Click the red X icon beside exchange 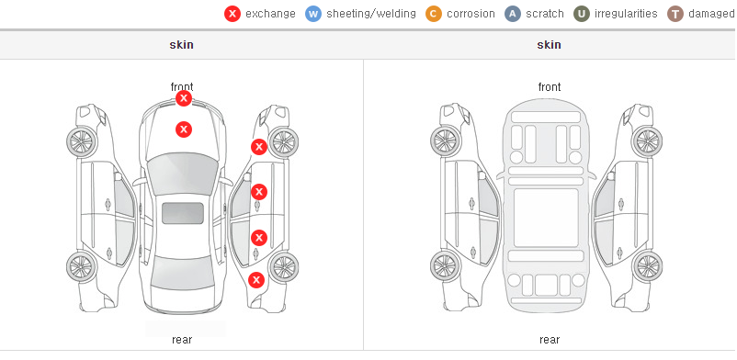tap(232, 14)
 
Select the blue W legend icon tap(313, 14)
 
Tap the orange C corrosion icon tap(434, 14)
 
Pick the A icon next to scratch tap(513, 14)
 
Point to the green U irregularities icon tap(582, 14)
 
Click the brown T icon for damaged tap(675, 14)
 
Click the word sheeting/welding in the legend tap(371, 14)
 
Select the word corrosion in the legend tap(471, 14)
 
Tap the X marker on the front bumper tap(184, 98)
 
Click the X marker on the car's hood tap(184, 129)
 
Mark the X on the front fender tap(258, 147)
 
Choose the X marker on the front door tap(259, 192)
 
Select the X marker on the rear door tap(259, 238)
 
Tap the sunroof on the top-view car tap(183, 213)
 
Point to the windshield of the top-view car tap(183, 174)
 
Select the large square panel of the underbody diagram tap(546, 218)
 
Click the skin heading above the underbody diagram tap(549, 45)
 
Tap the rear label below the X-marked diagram tap(182, 340)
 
